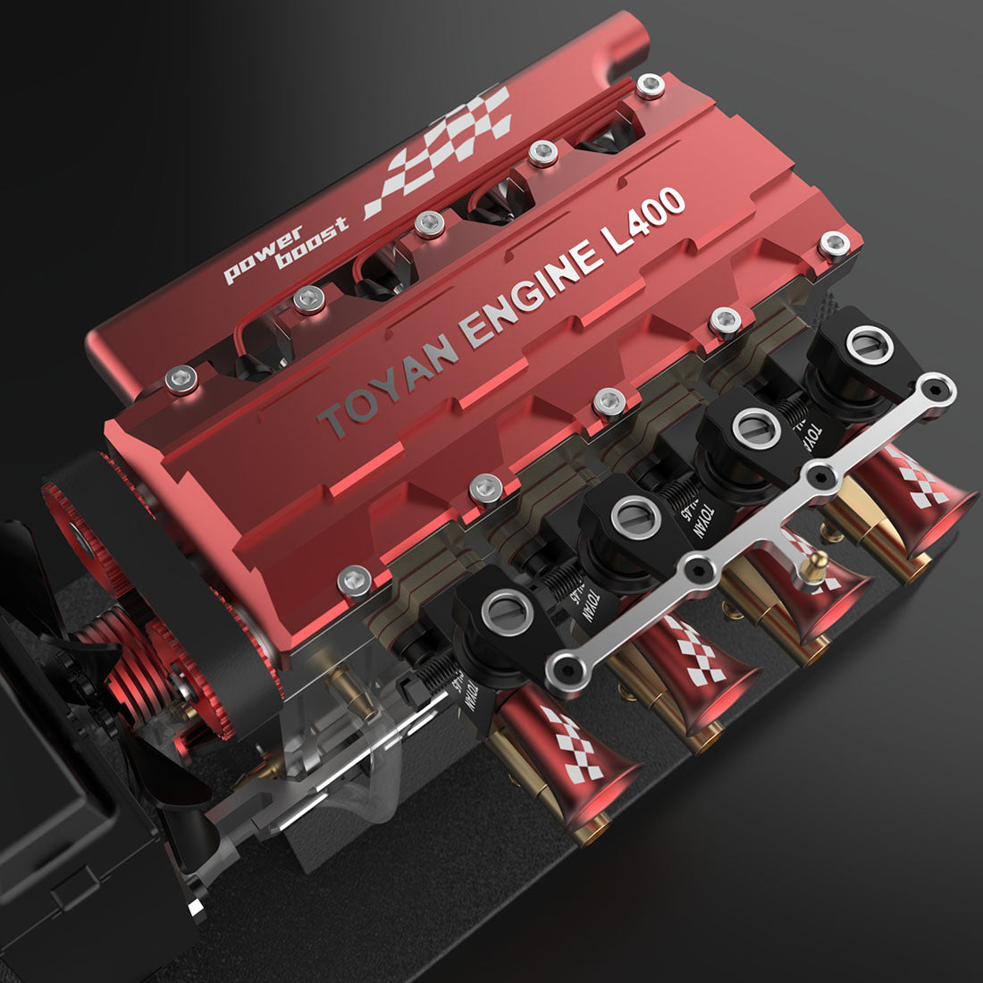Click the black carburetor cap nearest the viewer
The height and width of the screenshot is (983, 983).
tap(506, 617)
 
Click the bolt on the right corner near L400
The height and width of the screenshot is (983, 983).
tap(834, 242)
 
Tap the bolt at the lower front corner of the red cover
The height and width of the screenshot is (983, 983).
tap(355, 583)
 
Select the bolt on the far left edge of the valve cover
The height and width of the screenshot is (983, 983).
tap(181, 382)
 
